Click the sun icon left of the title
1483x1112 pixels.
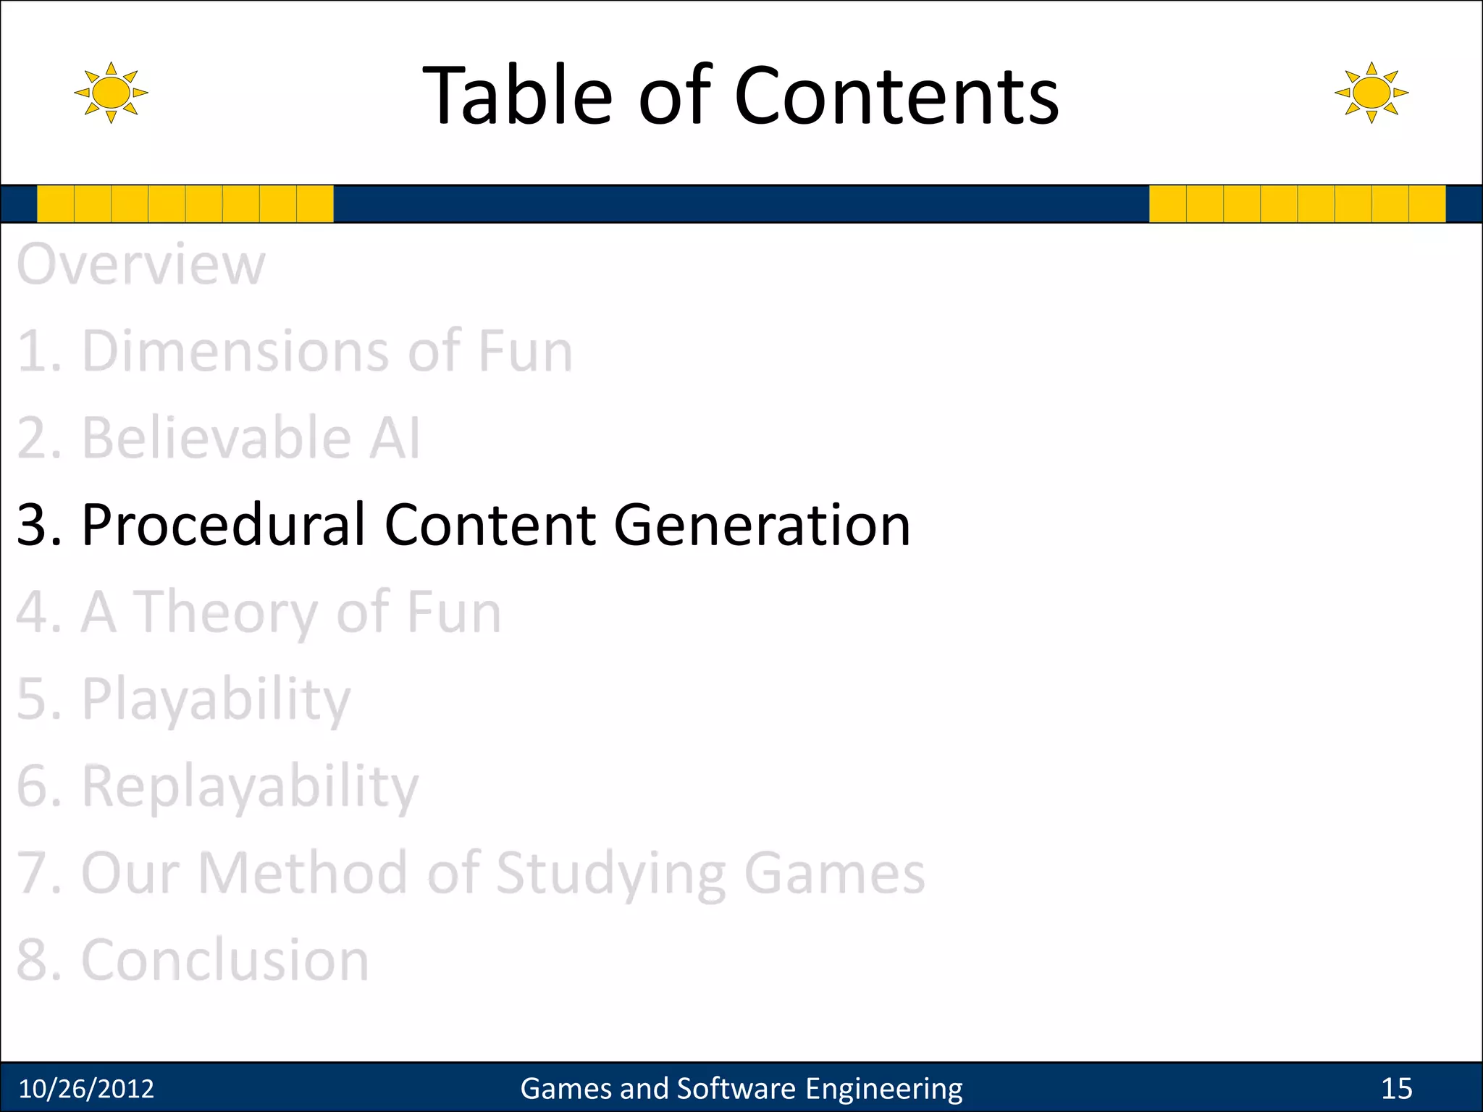111,93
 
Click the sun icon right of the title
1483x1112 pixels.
1371,93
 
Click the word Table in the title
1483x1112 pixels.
517,96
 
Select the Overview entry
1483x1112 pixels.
141,264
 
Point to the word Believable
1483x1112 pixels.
217,438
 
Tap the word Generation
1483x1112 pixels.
762,525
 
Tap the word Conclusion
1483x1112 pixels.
224,960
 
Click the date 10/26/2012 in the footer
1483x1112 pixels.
86,1089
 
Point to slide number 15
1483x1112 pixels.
1396,1089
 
